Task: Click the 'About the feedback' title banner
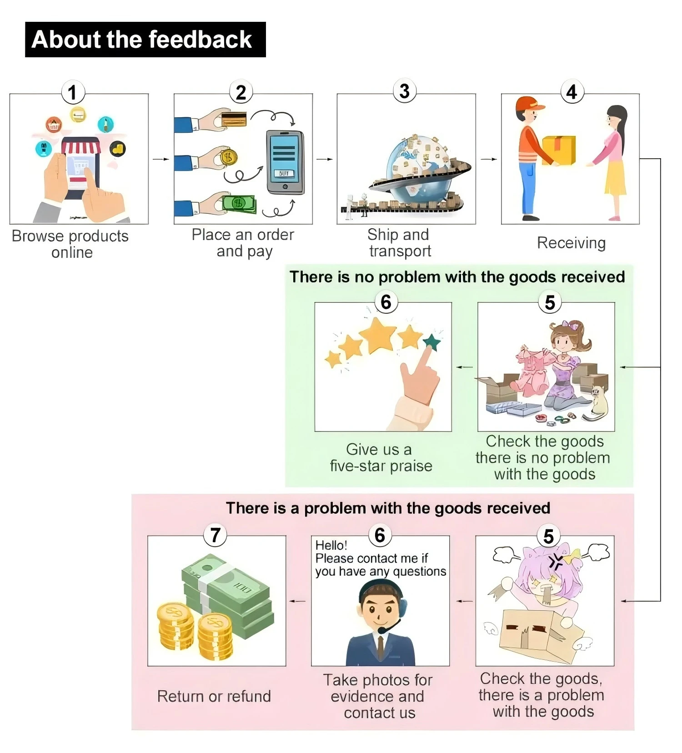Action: click(145, 40)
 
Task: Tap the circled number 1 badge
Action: click(73, 92)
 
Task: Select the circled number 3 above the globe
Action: click(404, 91)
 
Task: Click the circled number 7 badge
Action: click(215, 535)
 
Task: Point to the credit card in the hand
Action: click(234, 119)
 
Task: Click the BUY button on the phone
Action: click(284, 173)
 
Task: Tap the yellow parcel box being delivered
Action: click(559, 150)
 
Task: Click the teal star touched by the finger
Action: click(431, 342)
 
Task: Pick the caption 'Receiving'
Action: click(571, 243)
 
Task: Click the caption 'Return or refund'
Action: click(214, 696)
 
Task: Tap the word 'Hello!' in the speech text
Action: click(331, 545)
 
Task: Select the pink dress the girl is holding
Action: click(532, 371)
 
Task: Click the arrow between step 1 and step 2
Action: click(161, 159)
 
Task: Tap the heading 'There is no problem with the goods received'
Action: click(457, 277)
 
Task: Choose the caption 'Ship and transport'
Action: click(399, 243)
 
